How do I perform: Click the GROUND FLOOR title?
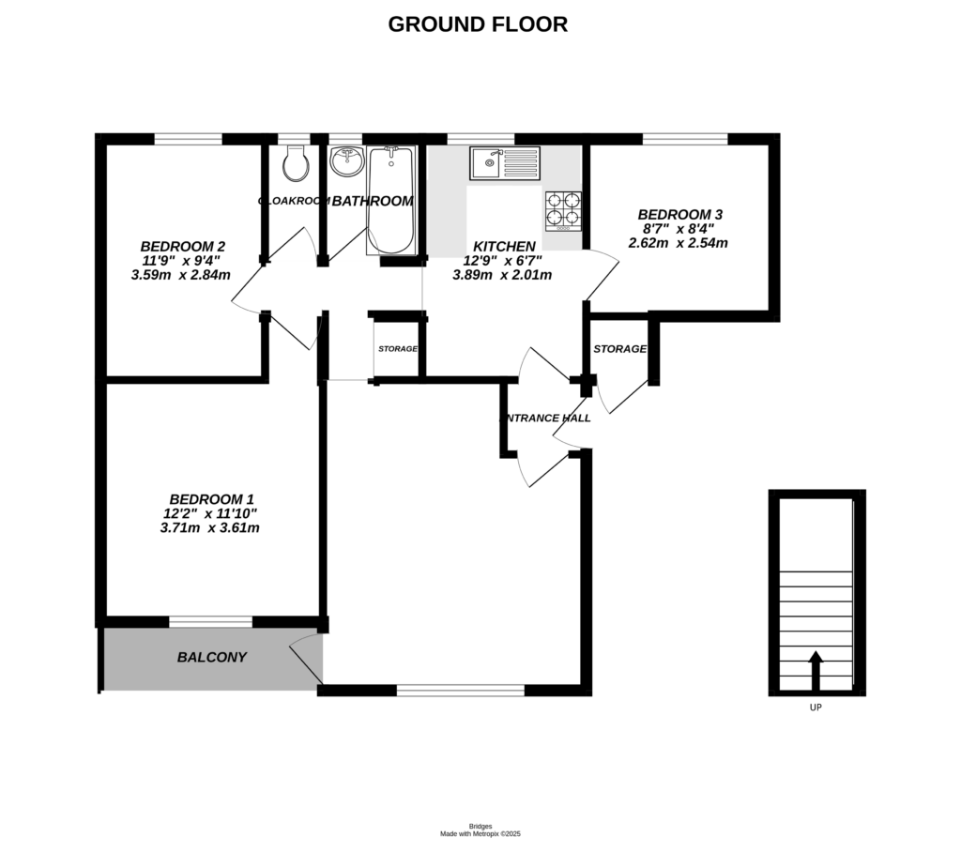(478, 24)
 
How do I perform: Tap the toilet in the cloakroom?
(296, 163)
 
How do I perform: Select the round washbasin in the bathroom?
(346, 162)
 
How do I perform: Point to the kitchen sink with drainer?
(506, 163)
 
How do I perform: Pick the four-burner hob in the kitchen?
(564, 209)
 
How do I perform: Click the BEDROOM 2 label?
(183, 246)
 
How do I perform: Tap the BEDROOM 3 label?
(679, 214)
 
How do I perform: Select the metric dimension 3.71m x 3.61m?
(209, 528)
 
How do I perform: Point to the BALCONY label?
(212, 658)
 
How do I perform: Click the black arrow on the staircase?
(816, 669)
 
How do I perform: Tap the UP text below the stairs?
(816, 708)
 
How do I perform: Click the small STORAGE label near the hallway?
(398, 349)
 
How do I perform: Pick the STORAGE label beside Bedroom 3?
(619, 349)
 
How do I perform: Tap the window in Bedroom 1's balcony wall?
(210, 620)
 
